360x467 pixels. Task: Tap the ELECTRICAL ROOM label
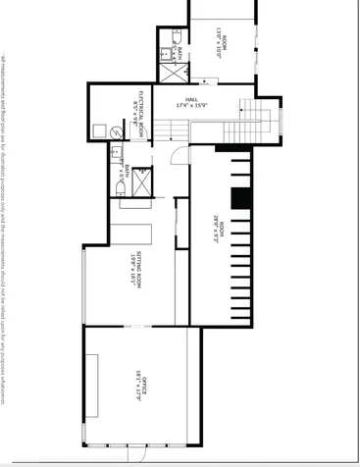click(141, 112)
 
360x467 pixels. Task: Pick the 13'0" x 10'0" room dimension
click(217, 46)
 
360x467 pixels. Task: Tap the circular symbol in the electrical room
click(115, 130)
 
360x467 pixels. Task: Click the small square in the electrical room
click(99, 130)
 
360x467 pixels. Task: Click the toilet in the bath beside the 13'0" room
click(178, 37)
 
